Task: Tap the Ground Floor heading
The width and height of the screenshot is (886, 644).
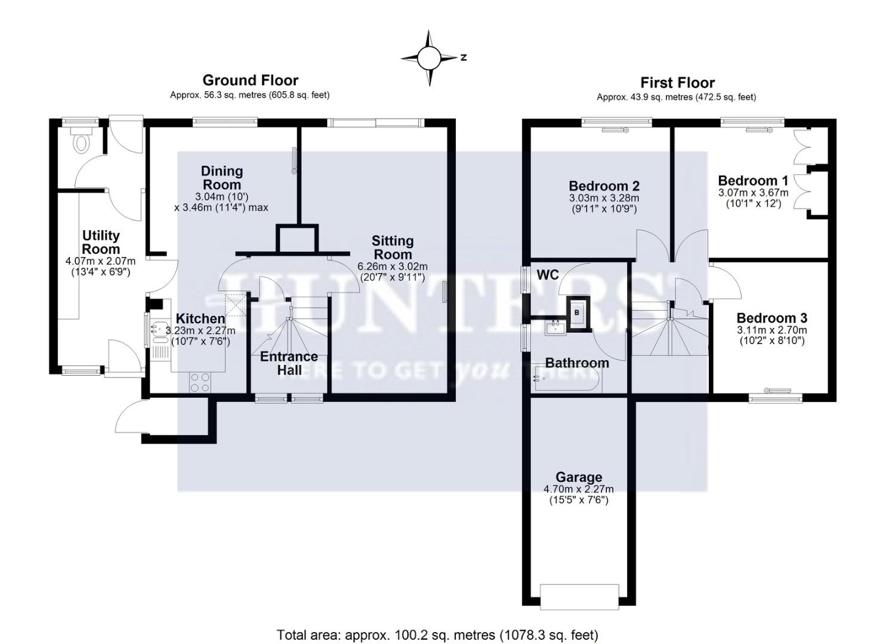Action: (x=250, y=80)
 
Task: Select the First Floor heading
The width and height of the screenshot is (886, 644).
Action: (x=677, y=82)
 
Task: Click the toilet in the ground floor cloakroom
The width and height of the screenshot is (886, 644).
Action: (x=79, y=141)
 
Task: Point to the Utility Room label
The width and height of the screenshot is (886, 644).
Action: (x=101, y=242)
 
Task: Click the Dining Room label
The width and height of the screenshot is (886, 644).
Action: (x=221, y=178)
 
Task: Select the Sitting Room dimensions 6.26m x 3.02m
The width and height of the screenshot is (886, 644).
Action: (x=392, y=267)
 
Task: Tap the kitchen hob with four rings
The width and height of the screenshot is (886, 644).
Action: (x=199, y=382)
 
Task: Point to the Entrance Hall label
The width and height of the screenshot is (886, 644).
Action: (x=289, y=363)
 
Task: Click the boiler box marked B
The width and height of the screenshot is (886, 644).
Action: (x=577, y=312)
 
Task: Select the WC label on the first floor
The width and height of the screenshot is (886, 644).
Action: (x=547, y=274)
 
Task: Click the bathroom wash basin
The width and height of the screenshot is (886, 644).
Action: (x=555, y=327)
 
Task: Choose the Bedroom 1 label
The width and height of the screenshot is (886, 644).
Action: (x=752, y=181)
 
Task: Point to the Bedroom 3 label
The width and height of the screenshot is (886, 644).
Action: (x=771, y=318)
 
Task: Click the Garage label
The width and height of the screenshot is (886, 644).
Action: (x=578, y=477)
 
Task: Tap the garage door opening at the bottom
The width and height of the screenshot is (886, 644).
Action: (x=579, y=596)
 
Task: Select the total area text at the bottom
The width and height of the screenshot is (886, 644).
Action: (x=437, y=634)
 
